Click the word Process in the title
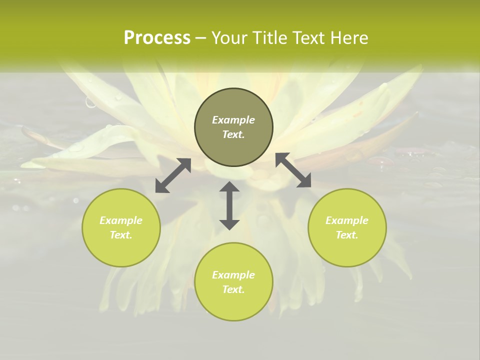pyautogui.click(x=157, y=38)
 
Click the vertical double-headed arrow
pyautogui.click(x=229, y=205)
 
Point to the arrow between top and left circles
pyautogui.click(x=173, y=175)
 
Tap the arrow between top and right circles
pyautogui.click(x=293, y=170)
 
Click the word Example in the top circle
pyautogui.click(x=233, y=120)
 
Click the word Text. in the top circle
pyautogui.click(x=233, y=134)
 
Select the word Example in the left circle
pyautogui.click(x=121, y=220)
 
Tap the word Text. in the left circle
pyautogui.click(x=121, y=235)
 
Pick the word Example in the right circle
pyautogui.click(x=347, y=220)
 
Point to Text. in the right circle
pyautogui.click(x=347, y=235)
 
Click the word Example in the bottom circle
pyautogui.click(x=233, y=275)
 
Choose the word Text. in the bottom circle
pyautogui.click(x=233, y=289)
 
